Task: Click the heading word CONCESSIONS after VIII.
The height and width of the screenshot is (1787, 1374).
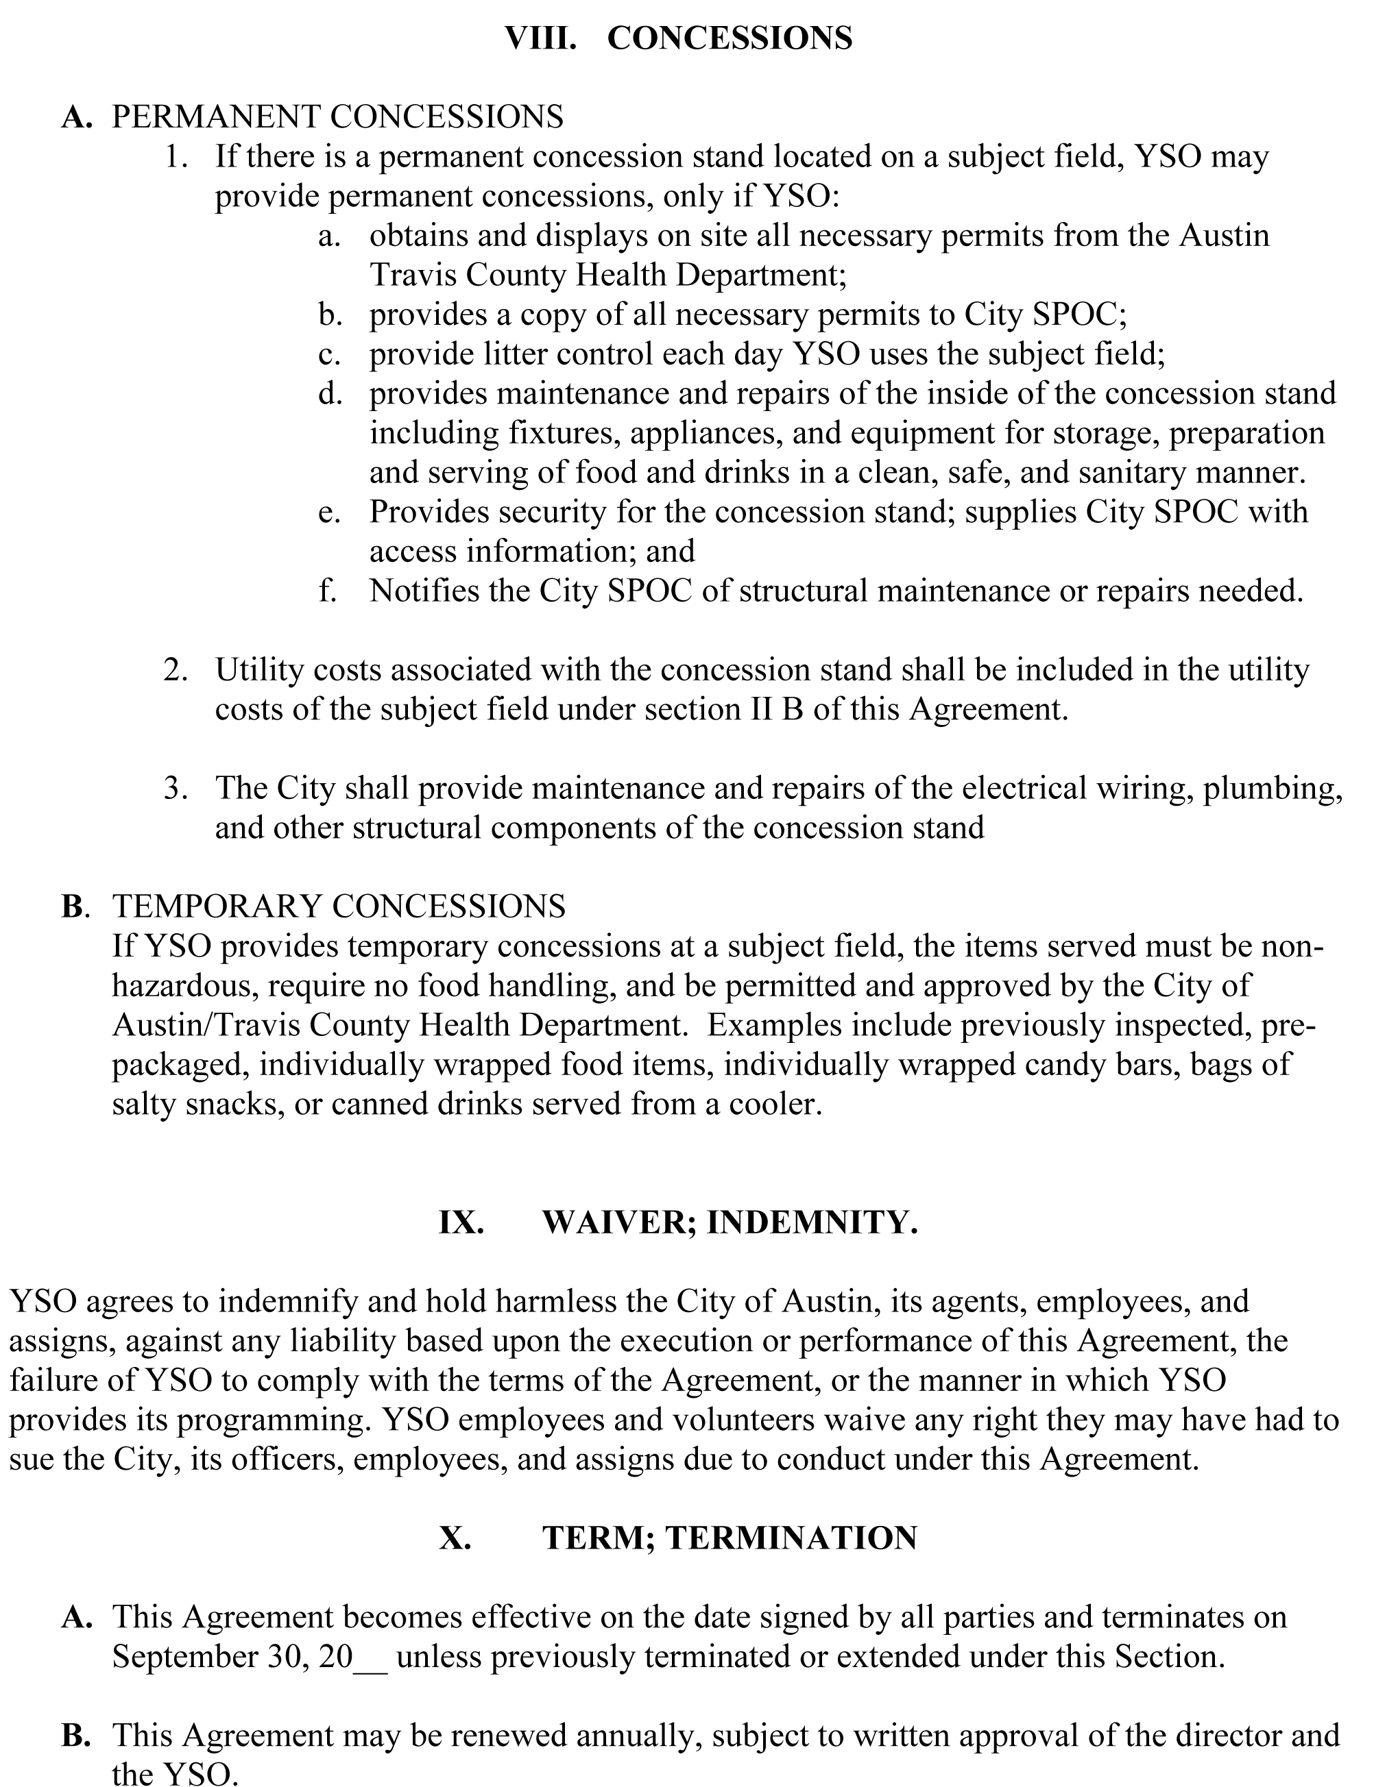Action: coord(730,38)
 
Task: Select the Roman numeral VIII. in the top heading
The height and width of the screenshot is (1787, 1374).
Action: coord(540,38)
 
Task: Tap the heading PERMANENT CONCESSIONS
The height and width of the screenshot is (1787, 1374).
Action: coord(337,117)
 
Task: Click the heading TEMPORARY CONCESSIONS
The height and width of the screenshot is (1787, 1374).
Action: coord(339,907)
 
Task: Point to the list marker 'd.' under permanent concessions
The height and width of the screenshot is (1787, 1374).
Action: coord(330,394)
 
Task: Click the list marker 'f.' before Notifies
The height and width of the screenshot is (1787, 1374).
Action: coord(328,591)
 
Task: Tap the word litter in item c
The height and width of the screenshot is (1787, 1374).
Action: coord(533,355)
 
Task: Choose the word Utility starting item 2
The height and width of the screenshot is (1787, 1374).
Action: coord(259,670)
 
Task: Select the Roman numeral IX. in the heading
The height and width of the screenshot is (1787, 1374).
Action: coord(461,1223)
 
